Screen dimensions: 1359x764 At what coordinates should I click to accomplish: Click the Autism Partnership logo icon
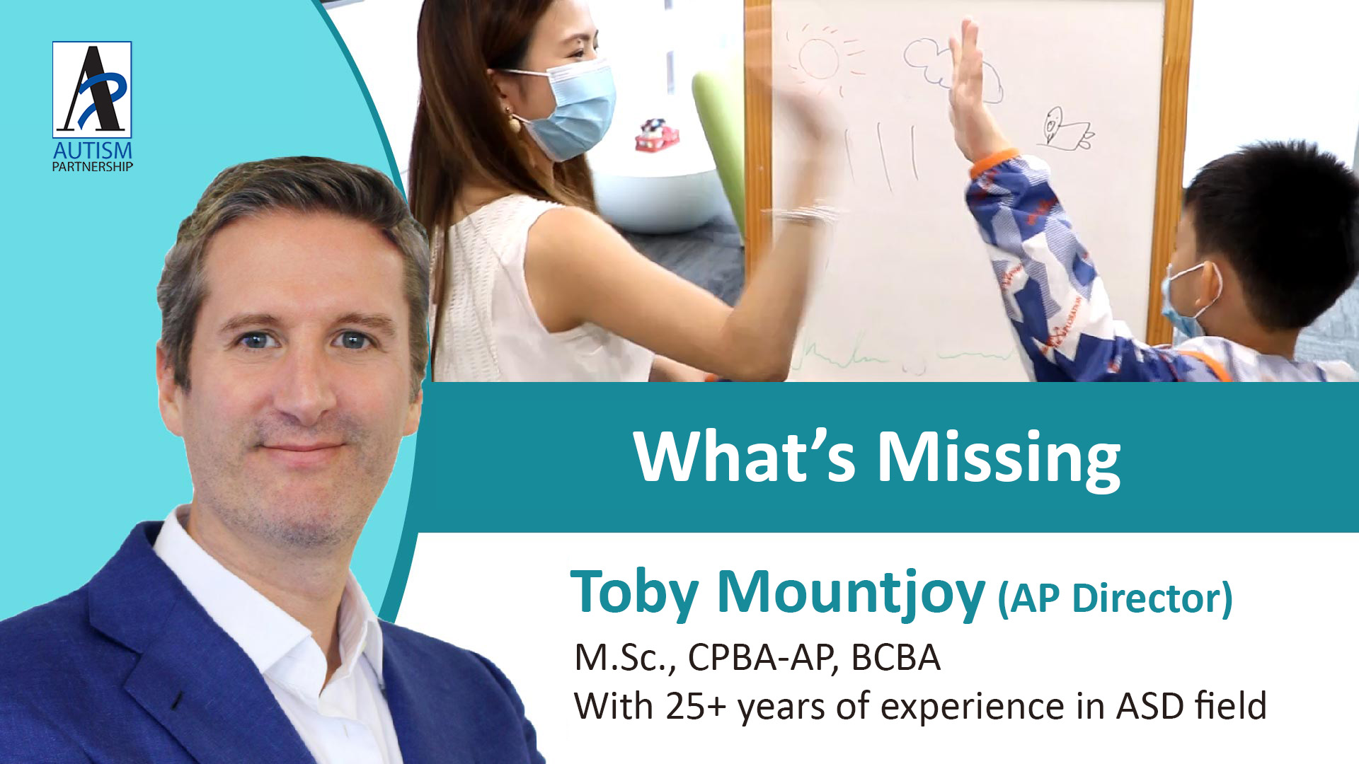click(92, 89)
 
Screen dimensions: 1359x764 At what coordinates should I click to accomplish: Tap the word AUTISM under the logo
click(93, 151)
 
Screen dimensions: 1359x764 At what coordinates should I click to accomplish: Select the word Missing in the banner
click(999, 458)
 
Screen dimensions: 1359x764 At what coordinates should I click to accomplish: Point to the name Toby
click(635, 593)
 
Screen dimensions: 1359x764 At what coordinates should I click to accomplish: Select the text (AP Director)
click(1115, 598)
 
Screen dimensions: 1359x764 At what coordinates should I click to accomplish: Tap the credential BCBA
click(895, 657)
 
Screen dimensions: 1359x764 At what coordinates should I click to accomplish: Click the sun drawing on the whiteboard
click(821, 58)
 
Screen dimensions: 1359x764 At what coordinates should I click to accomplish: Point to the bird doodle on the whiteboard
click(1065, 129)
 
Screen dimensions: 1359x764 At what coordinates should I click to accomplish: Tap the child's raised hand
click(970, 81)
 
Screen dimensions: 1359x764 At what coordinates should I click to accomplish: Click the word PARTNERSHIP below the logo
click(93, 167)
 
